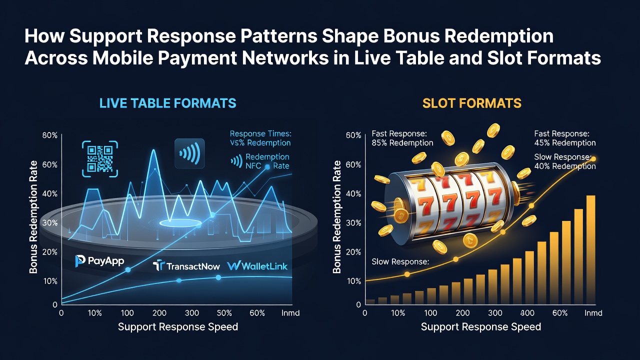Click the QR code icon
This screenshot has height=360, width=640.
99,159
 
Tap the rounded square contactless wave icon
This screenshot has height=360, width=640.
189,153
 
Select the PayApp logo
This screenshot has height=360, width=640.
99,261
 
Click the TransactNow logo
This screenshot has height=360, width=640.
186,266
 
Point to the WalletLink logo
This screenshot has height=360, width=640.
257,266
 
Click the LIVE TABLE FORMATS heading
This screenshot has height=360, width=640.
167,103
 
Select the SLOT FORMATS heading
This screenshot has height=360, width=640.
471,103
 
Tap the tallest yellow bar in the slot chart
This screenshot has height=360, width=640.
590,249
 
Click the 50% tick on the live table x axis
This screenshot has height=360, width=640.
224,313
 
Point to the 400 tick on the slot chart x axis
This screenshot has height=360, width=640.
527,313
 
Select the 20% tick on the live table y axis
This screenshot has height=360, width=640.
50,252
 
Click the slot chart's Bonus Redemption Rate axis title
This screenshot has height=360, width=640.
337,217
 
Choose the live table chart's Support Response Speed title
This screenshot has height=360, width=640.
177,327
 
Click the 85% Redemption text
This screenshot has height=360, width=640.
402,143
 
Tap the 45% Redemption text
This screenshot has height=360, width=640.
565,143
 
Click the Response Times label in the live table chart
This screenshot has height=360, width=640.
260,133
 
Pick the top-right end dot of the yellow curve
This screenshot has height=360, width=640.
593,159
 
